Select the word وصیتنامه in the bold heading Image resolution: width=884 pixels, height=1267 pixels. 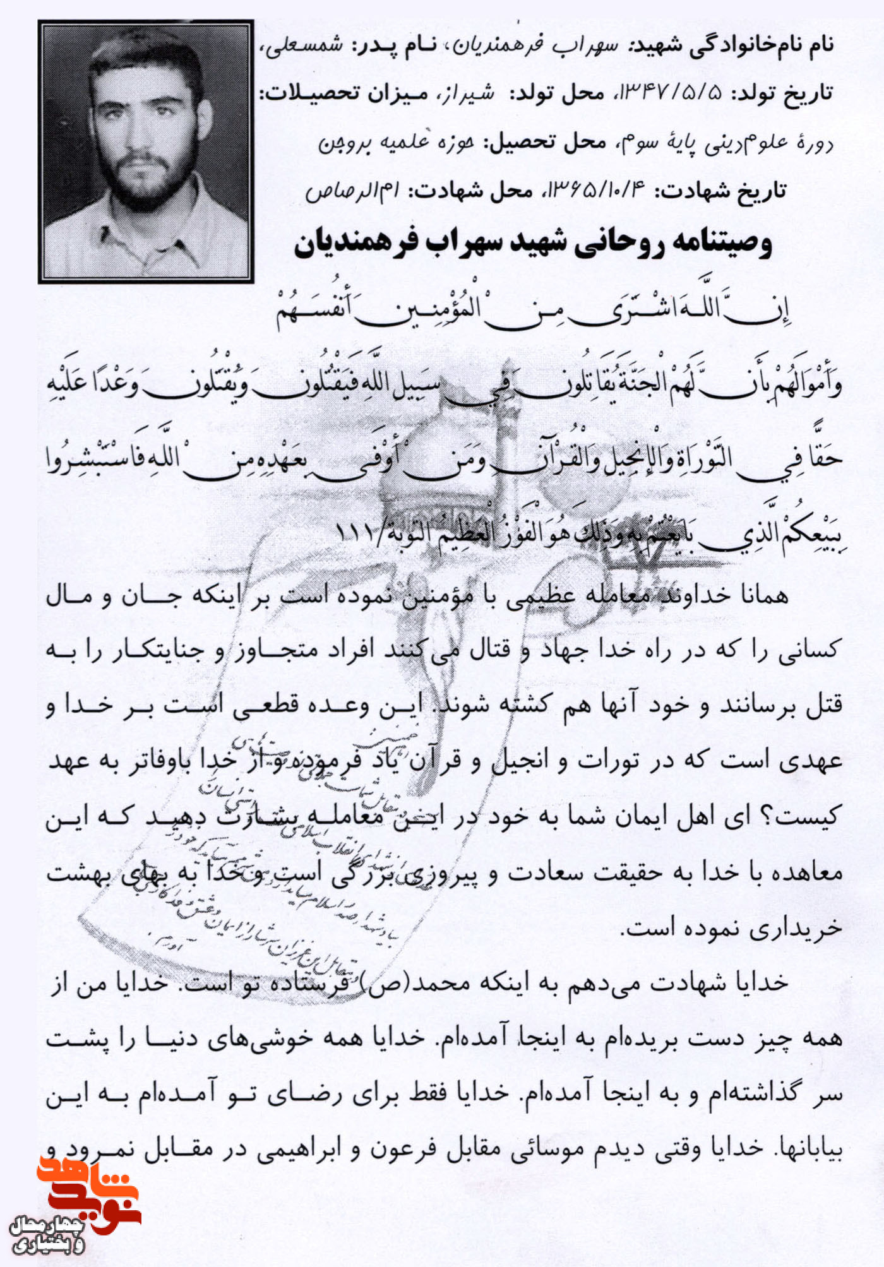711,244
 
